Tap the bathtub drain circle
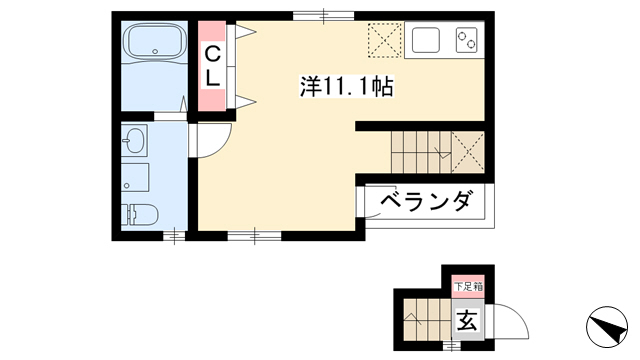[x=155, y=52]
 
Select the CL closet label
[x=212, y=66]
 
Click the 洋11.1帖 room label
[x=347, y=87]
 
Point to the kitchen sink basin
[x=426, y=40]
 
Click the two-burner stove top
[x=467, y=40]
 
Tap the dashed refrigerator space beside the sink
[x=385, y=40]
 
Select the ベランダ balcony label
[x=428, y=201]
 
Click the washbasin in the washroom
[x=133, y=140]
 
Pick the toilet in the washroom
[x=140, y=214]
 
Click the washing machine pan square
[x=135, y=177]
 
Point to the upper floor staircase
[x=421, y=152]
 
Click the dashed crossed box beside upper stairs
[x=468, y=152]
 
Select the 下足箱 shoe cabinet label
[x=469, y=287]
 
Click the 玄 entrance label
[x=467, y=320]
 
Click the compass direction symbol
[x=607, y=327]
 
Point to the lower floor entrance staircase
[x=428, y=320]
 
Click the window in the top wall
[x=324, y=16]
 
